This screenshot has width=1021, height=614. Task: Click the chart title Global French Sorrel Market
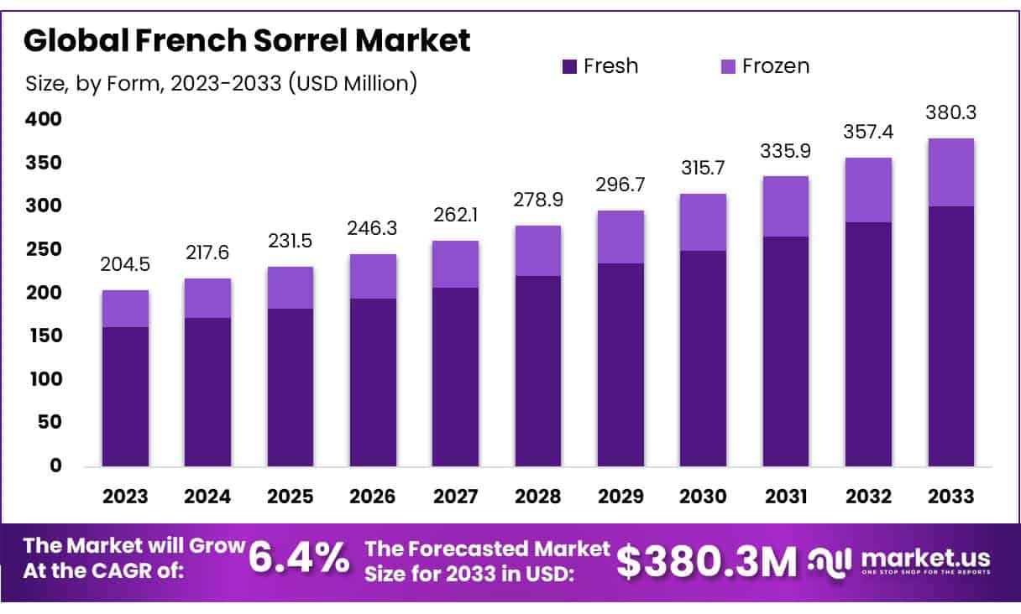(x=247, y=41)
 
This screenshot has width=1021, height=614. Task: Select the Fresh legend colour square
(x=570, y=66)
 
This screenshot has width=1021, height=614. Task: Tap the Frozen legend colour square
(x=728, y=66)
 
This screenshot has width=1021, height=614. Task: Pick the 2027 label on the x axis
(x=456, y=496)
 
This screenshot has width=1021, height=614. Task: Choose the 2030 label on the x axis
(x=704, y=496)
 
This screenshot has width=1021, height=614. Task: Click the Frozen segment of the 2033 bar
(x=950, y=172)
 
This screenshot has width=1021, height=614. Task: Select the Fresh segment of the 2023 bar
(x=125, y=396)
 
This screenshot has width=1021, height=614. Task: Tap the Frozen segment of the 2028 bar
(x=538, y=250)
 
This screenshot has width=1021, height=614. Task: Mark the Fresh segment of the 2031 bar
(x=786, y=351)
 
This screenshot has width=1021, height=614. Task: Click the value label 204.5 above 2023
(x=125, y=264)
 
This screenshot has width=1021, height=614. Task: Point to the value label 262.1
(x=456, y=215)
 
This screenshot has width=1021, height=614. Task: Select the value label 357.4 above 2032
(x=868, y=133)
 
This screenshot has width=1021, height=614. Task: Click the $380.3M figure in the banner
(x=706, y=560)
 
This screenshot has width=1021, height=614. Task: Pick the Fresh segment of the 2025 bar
(x=291, y=387)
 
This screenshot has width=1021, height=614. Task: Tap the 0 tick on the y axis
(x=55, y=466)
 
